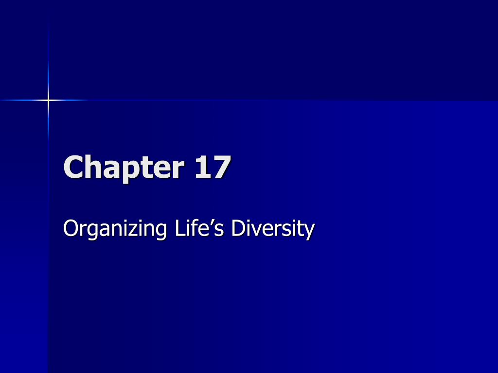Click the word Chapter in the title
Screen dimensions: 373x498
pos(124,168)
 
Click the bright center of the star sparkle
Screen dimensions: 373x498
pos(48,100)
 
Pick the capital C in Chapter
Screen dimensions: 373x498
pos(73,167)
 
